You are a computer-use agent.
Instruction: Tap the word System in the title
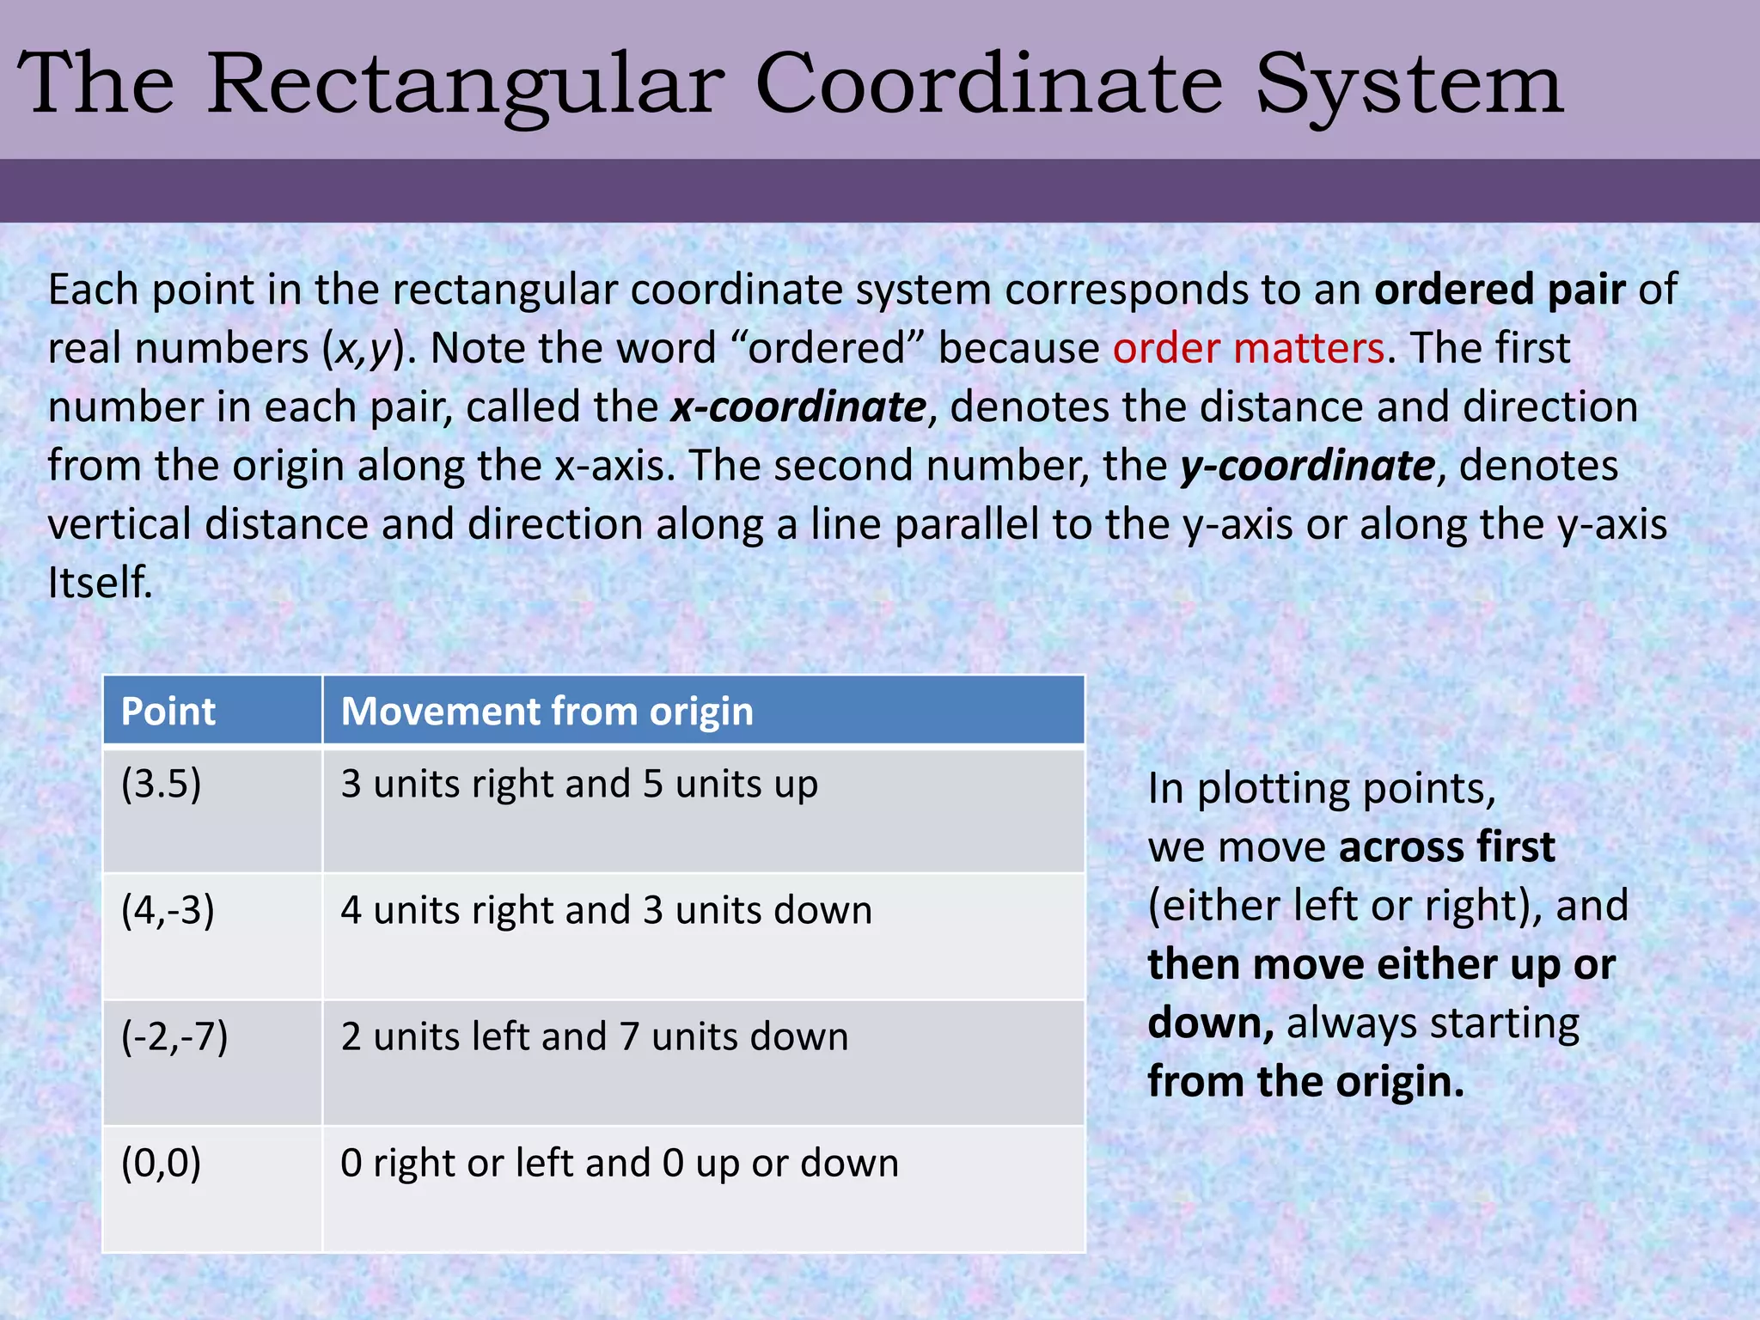pyautogui.click(x=1409, y=84)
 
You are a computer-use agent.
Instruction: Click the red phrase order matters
pyautogui.click(x=1248, y=348)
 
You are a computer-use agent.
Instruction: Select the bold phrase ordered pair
pyautogui.click(x=1499, y=290)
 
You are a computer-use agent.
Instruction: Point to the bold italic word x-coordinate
pyautogui.click(x=798, y=406)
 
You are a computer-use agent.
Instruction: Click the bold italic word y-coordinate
pyautogui.click(x=1306, y=466)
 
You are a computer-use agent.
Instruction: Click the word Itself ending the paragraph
pyautogui.click(x=100, y=583)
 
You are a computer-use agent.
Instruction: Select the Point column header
pyautogui.click(x=168, y=712)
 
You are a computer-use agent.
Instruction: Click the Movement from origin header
pyautogui.click(x=547, y=712)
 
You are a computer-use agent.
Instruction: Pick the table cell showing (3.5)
pyautogui.click(x=162, y=784)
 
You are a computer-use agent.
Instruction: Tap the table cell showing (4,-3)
pyautogui.click(x=168, y=910)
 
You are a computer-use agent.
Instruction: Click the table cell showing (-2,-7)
pyautogui.click(x=174, y=1036)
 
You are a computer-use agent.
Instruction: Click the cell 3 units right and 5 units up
pyautogui.click(x=578, y=784)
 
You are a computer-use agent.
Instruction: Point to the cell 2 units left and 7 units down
pyautogui.click(x=594, y=1036)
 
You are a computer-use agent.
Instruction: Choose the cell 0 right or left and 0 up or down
pyautogui.click(x=619, y=1163)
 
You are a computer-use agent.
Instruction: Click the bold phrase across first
pyautogui.click(x=1447, y=847)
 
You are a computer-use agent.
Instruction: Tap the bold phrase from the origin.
pyautogui.click(x=1305, y=1081)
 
